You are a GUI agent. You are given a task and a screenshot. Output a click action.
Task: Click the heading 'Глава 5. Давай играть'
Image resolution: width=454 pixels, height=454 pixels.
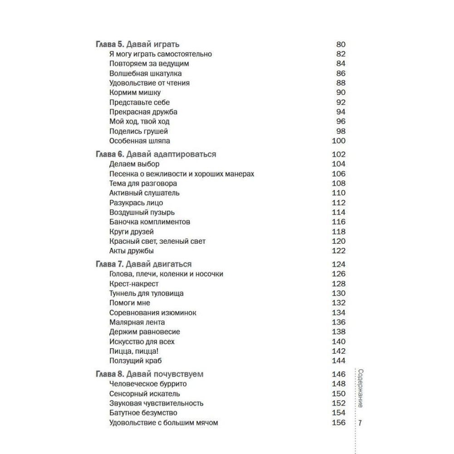tap(138, 44)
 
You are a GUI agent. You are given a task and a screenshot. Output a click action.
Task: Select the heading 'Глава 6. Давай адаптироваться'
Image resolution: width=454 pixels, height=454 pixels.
tap(156, 154)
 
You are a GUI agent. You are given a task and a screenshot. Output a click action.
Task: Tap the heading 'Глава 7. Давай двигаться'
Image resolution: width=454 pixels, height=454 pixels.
tap(143, 264)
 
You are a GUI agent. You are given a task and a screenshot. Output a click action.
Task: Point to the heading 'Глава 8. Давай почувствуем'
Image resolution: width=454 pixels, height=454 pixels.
tap(149, 374)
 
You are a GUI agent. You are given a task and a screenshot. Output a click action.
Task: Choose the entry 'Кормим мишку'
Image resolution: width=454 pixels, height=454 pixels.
tap(135, 93)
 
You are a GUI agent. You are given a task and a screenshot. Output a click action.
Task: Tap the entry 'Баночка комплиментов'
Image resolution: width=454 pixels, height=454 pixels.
tap(150, 222)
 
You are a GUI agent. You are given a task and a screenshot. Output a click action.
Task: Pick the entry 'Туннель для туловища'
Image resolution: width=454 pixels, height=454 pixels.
tap(146, 293)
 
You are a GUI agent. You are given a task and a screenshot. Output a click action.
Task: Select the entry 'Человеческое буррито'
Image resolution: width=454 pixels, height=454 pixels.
tap(148, 384)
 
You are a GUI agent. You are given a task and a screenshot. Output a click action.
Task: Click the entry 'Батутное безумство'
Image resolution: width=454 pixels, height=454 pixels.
tap(143, 413)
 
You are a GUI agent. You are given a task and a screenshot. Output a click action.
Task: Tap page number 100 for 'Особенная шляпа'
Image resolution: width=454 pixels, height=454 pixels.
tap(339, 141)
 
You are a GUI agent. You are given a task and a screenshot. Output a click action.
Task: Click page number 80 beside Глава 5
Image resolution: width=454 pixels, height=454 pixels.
tap(340, 44)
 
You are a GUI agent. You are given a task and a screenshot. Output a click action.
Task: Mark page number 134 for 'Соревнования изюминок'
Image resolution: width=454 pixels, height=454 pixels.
tap(339, 313)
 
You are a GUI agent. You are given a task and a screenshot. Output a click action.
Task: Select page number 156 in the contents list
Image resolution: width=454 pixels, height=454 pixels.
tap(339, 423)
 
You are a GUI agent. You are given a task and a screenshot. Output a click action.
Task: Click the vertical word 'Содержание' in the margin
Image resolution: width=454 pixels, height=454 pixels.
tap(360, 388)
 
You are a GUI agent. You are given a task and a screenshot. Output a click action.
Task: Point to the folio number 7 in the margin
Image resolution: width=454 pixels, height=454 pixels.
tap(360, 423)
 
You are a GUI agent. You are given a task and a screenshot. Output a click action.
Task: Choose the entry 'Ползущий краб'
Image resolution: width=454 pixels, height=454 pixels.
tap(136, 361)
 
